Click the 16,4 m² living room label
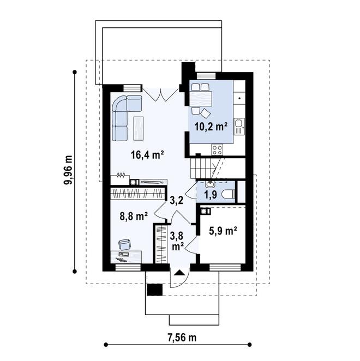(x=147, y=155)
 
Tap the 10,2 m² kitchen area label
(x=211, y=126)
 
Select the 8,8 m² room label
(x=134, y=216)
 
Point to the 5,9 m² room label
(x=223, y=231)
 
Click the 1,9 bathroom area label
(x=211, y=195)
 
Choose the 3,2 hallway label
(x=176, y=200)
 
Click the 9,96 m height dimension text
(x=68, y=170)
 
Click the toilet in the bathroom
(x=228, y=194)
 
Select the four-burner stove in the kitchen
(x=217, y=149)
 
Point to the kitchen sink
(x=239, y=127)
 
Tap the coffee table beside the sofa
(x=138, y=128)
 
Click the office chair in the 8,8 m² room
(x=124, y=244)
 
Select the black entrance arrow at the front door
(x=179, y=272)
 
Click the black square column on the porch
(x=154, y=290)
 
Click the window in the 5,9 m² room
(x=225, y=267)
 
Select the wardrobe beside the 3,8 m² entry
(x=161, y=244)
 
